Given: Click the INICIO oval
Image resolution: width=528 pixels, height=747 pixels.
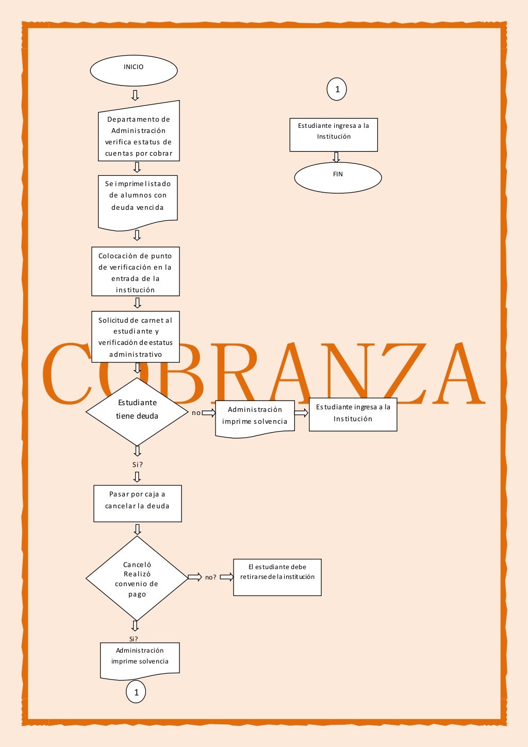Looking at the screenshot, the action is click(x=134, y=71).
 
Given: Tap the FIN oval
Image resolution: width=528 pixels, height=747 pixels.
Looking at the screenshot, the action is click(x=338, y=178).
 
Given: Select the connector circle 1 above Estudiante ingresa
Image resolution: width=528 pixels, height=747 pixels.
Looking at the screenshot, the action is click(x=337, y=89).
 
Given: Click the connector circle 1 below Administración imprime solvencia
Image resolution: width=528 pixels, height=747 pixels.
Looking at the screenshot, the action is click(x=136, y=692).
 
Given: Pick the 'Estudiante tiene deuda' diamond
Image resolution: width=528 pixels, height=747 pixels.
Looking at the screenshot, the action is click(x=137, y=411).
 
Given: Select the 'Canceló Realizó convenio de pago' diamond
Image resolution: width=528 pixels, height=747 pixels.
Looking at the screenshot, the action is click(x=137, y=578).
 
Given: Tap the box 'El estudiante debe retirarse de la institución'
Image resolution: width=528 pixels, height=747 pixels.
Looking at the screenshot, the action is click(x=277, y=577).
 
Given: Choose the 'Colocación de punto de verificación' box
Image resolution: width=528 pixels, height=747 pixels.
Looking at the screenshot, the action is click(x=135, y=271).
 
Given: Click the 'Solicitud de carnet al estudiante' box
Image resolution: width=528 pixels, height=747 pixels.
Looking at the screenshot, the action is click(x=135, y=336).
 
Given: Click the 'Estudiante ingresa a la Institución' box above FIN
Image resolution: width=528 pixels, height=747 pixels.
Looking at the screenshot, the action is click(x=333, y=135).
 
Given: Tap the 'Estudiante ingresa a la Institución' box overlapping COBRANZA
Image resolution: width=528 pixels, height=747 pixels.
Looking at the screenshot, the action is click(x=353, y=414).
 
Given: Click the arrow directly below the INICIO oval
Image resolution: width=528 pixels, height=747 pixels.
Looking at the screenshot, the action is click(x=135, y=95).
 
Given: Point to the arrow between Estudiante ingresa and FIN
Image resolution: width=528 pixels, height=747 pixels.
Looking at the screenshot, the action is click(x=336, y=157).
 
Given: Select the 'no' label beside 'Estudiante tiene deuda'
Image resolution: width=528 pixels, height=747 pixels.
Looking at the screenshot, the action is click(x=196, y=413).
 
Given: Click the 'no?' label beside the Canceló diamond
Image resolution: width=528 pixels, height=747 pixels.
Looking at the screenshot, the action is click(x=210, y=577).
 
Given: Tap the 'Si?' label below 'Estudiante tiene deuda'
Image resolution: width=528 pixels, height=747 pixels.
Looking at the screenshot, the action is click(x=137, y=464).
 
